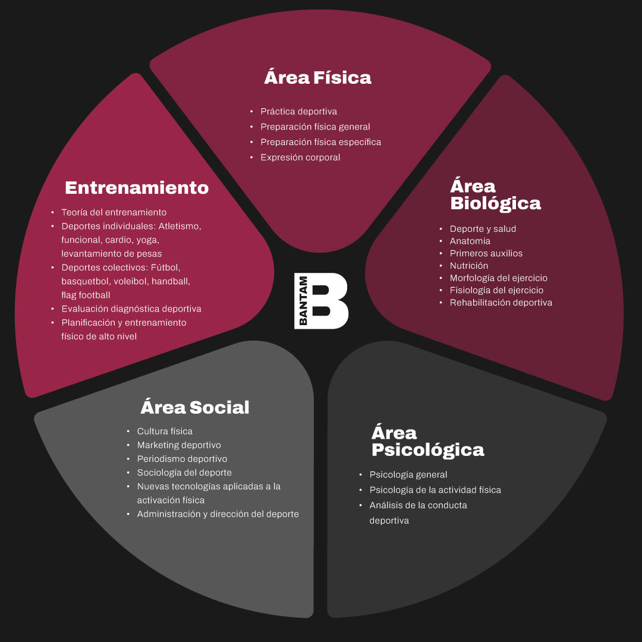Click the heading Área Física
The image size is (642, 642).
click(x=317, y=77)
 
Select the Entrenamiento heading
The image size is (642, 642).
click(x=137, y=187)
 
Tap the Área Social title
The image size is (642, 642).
click(x=195, y=407)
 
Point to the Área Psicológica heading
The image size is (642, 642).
click(x=428, y=441)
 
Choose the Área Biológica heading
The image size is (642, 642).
click(x=495, y=194)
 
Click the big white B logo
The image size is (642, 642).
click(x=329, y=301)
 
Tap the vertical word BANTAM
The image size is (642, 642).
click(x=303, y=301)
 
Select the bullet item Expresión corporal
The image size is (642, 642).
click(x=300, y=157)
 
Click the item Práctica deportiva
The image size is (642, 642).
click(x=298, y=111)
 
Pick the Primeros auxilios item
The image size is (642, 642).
click(x=486, y=253)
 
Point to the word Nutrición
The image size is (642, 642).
click(x=469, y=265)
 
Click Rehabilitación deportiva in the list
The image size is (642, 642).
click(x=501, y=302)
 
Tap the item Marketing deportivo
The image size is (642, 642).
click(x=179, y=445)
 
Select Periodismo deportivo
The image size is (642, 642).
click(x=182, y=458)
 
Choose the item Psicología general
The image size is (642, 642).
click(x=408, y=474)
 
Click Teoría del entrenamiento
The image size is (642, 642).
click(x=114, y=212)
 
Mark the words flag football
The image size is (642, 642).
click(x=86, y=295)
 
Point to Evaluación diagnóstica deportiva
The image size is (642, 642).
click(x=131, y=309)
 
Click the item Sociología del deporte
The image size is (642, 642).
click(x=184, y=473)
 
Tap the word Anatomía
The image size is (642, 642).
click(x=470, y=241)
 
